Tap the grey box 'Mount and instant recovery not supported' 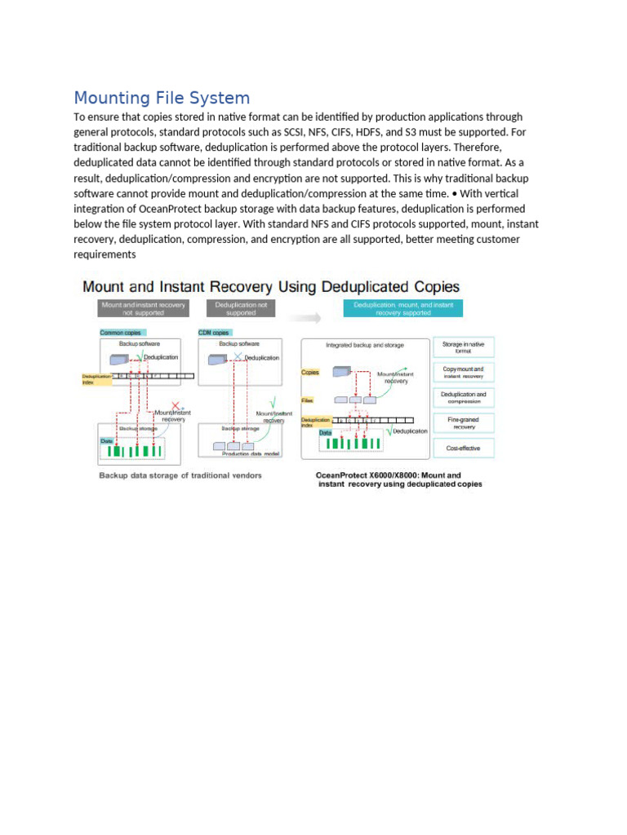click(x=143, y=307)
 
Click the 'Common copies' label click(x=119, y=333)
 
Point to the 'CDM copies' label click(x=214, y=333)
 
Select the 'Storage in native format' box click(x=463, y=347)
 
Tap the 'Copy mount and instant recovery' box click(x=463, y=373)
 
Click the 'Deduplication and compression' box click(x=463, y=398)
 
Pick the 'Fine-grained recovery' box click(x=463, y=422)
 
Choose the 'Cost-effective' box click(x=463, y=448)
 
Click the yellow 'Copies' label click(x=310, y=372)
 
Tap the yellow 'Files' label click(x=309, y=400)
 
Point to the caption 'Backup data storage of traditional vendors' click(x=180, y=475)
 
